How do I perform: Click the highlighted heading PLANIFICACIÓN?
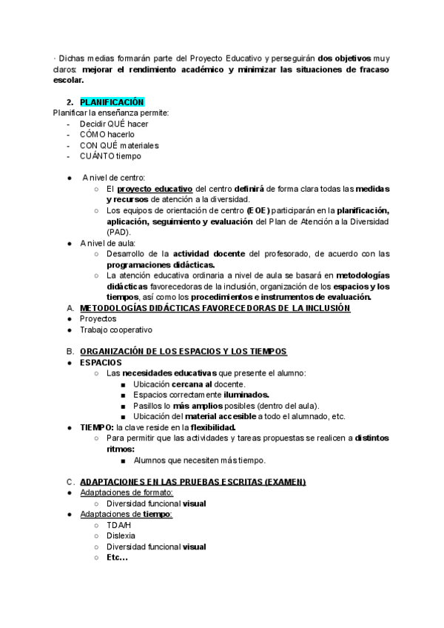pyautogui.click(x=112, y=102)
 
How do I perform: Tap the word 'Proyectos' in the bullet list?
pyautogui.click(x=98, y=318)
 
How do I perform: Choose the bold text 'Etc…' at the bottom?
pyautogui.click(x=117, y=557)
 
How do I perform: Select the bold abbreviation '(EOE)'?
pyautogui.click(x=258, y=210)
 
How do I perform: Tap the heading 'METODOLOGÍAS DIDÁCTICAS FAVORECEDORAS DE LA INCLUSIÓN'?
pyautogui.click(x=215, y=308)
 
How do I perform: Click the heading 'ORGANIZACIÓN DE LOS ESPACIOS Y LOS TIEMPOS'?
pyautogui.click(x=183, y=351)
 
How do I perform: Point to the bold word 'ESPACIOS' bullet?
pyautogui.click(x=101, y=362)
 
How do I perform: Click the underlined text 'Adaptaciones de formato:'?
pyautogui.click(x=126, y=492)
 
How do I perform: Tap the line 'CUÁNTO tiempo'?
pyautogui.click(x=110, y=156)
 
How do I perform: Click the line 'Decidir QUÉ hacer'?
pyautogui.click(x=114, y=124)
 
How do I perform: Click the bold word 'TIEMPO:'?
pyautogui.click(x=96, y=427)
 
